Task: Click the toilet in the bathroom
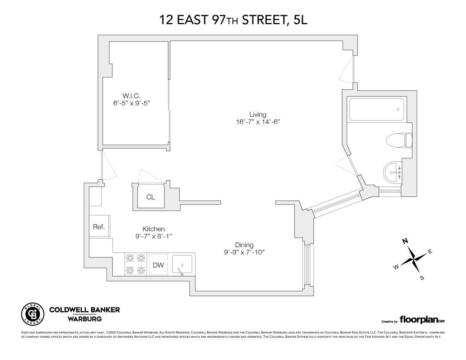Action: (x=399, y=140)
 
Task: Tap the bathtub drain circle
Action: (x=398, y=109)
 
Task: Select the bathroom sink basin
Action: (x=392, y=172)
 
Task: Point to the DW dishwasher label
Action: (x=158, y=265)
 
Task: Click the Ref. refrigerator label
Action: (x=99, y=227)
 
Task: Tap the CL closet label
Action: (x=151, y=197)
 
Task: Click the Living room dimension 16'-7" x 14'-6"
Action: (x=258, y=122)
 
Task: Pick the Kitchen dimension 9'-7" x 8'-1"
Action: (x=153, y=237)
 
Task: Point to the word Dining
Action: (x=244, y=245)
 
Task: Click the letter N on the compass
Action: (x=405, y=241)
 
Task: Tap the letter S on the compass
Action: (x=422, y=278)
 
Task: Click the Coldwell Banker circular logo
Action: (x=33, y=314)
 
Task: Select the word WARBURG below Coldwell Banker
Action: (x=85, y=319)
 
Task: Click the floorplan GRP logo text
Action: (x=422, y=320)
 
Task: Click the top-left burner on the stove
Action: (x=130, y=258)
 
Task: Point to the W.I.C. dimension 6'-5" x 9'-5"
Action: (x=131, y=103)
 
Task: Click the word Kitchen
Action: (x=153, y=229)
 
